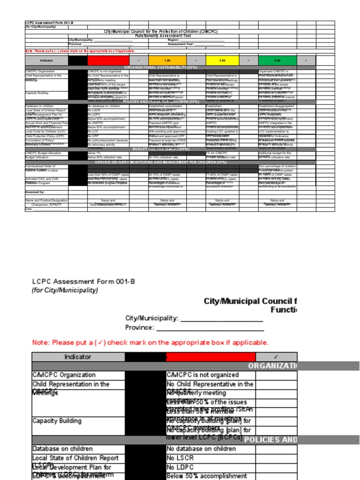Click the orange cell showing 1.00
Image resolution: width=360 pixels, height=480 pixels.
click(167, 60)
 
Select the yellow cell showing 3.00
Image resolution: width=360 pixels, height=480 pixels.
click(222, 60)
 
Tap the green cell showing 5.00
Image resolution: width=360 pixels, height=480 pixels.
click(277, 60)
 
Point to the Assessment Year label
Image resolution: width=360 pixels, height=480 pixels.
click(180, 44)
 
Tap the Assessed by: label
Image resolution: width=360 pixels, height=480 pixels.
click(35, 192)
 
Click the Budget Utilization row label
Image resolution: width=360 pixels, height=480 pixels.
click(37, 157)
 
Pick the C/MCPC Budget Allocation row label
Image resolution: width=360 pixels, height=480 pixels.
click(43, 153)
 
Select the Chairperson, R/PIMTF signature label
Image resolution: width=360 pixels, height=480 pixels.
click(46, 204)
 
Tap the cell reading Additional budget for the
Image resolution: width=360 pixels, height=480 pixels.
click(277, 153)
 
